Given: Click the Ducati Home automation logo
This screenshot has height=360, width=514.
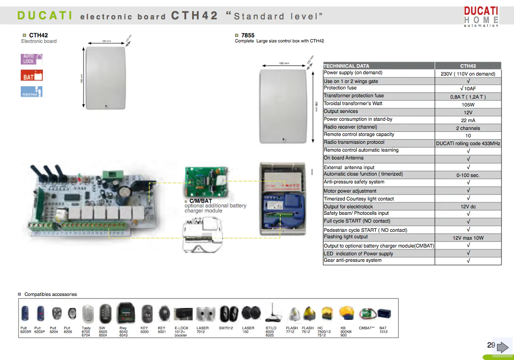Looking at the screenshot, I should tap(481, 16).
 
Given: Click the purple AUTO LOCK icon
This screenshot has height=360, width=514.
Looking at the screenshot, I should tap(32, 59).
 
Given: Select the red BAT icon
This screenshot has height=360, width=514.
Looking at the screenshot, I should tap(32, 75).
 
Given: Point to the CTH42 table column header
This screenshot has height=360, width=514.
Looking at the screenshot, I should tap(468, 66).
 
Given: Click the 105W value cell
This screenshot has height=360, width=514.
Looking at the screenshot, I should tap(468, 105).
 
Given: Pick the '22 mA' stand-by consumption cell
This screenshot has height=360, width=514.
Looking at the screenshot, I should tap(468, 120).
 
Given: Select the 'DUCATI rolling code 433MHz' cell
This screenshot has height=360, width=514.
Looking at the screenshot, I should tap(468, 143).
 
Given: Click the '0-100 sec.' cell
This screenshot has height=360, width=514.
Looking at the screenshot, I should tap(468, 175).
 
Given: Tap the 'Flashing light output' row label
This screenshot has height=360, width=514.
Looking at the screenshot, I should tap(346, 237).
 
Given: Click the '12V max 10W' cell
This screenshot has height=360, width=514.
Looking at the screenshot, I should tap(468, 238).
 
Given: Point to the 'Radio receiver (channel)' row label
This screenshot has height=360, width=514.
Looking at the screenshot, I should tap(350, 127).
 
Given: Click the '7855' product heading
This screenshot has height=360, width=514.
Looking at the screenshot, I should tap(248, 35).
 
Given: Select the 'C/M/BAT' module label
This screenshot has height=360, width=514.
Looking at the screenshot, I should tap(201, 201).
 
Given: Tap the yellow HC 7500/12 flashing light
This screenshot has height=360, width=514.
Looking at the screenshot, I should tap(327, 314).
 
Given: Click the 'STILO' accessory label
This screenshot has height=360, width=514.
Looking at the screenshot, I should tap(271, 328).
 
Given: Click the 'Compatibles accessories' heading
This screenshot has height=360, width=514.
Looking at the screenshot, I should tap(51, 294).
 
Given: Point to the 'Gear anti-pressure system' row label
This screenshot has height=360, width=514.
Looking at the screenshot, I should tap(353, 260).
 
